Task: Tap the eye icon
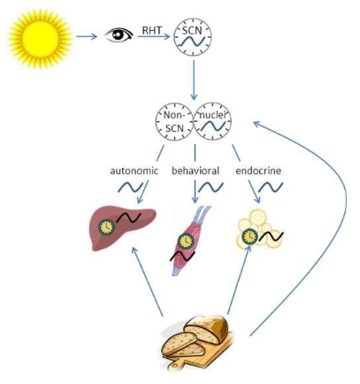click(119, 35)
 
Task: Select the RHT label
click(152, 30)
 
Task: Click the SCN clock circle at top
click(193, 37)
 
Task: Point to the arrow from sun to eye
click(87, 36)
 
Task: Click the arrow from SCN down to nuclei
click(194, 81)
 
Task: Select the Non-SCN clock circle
click(174, 121)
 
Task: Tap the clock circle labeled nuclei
click(212, 121)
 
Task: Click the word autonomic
click(134, 171)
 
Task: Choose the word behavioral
click(195, 171)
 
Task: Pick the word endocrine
click(258, 171)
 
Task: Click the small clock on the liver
click(106, 227)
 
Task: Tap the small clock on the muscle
click(186, 241)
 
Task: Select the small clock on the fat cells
click(249, 236)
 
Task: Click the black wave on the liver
click(128, 218)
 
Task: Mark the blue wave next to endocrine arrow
click(271, 188)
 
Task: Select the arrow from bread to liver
click(147, 281)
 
